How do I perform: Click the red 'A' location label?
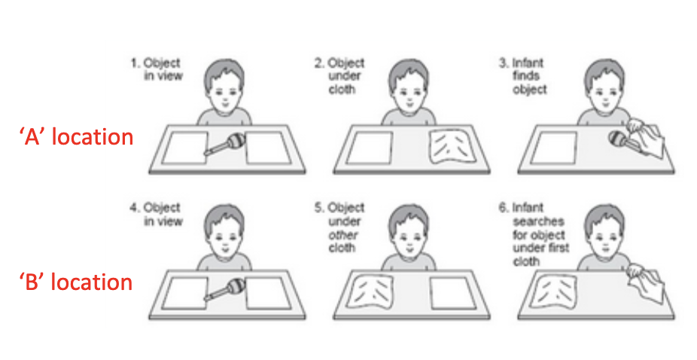coord(76,138)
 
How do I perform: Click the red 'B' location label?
coord(75,282)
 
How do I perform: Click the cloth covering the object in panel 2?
coord(452,148)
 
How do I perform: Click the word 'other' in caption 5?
coord(342,235)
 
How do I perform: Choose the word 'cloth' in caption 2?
coord(341,89)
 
